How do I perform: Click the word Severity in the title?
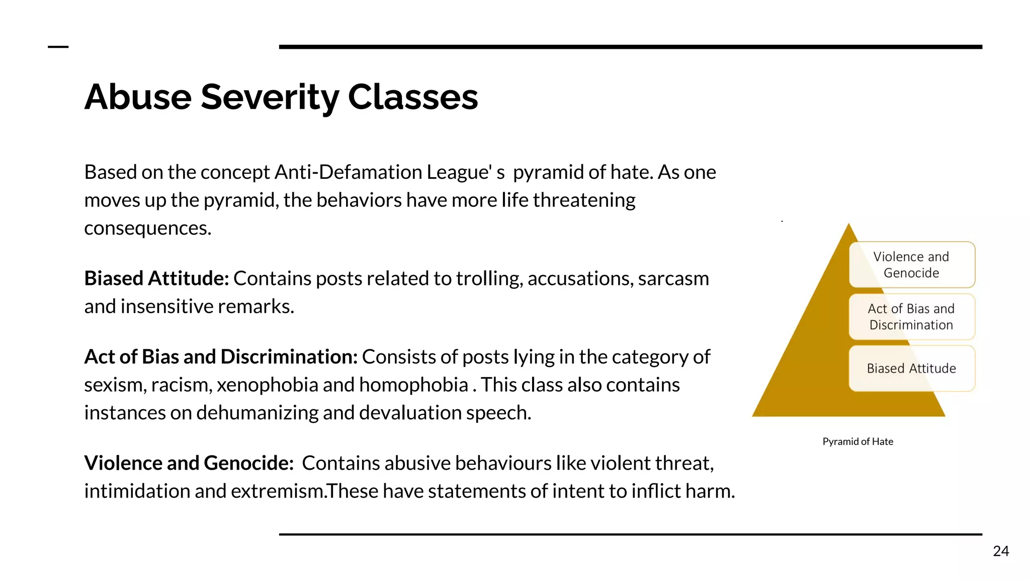(x=270, y=97)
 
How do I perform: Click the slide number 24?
(x=1001, y=551)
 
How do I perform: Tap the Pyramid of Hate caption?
(x=857, y=442)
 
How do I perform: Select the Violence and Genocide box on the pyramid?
(x=911, y=265)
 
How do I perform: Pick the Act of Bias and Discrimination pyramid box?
(x=911, y=317)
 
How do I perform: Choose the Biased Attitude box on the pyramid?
(x=911, y=369)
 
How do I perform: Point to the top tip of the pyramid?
(x=849, y=225)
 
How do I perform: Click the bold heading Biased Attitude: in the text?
(x=156, y=278)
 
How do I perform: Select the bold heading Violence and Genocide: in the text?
(x=189, y=463)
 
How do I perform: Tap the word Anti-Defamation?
(x=349, y=172)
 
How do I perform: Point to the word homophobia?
(x=413, y=385)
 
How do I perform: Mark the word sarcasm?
(x=673, y=278)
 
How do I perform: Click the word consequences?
(x=147, y=229)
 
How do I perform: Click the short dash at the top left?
(x=58, y=47)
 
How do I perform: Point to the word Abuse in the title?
(x=138, y=97)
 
